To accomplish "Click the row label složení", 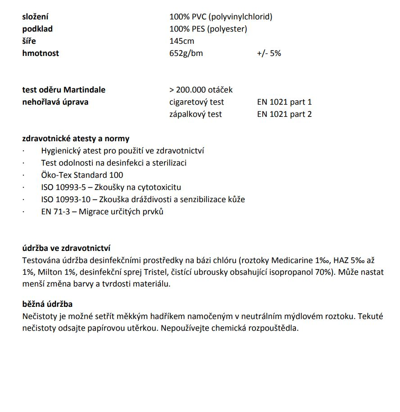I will click(x=36, y=17).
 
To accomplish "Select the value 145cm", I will click(x=182, y=41).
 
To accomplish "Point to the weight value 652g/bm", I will click(x=186, y=53).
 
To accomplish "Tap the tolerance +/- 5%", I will click(x=269, y=53).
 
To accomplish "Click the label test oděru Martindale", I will click(x=64, y=90).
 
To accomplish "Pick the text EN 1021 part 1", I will click(x=284, y=102).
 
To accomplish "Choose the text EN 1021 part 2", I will click(x=284, y=114).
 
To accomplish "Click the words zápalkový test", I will click(x=195, y=114).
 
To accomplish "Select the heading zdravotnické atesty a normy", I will click(x=76, y=139).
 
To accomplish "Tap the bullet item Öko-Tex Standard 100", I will click(x=82, y=175).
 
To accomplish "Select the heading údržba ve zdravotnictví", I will click(x=66, y=248).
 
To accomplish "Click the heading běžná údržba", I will click(x=47, y=304).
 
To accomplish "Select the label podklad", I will click(x=37, y=29).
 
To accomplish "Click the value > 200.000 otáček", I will click(x=201, y=90).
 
